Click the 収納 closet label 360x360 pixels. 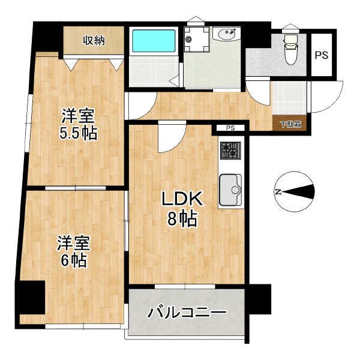point(94,41)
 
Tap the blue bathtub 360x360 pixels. point(154,41)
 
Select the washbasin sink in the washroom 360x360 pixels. point(227,34)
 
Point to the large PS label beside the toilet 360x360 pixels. point(322,55)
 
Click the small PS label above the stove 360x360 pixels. point(230,128)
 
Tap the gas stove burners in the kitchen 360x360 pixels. point(230,151)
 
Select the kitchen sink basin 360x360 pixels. point(230,190)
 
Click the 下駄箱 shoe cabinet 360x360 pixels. point(291,124)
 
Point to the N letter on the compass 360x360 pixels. point(278,192)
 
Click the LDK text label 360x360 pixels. point(182,199)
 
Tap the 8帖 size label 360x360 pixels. point(182,219)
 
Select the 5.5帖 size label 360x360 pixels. point(79,133)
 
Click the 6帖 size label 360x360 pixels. point(74,260)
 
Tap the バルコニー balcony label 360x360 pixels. point(187,313)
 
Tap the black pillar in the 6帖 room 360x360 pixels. point(32,298)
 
